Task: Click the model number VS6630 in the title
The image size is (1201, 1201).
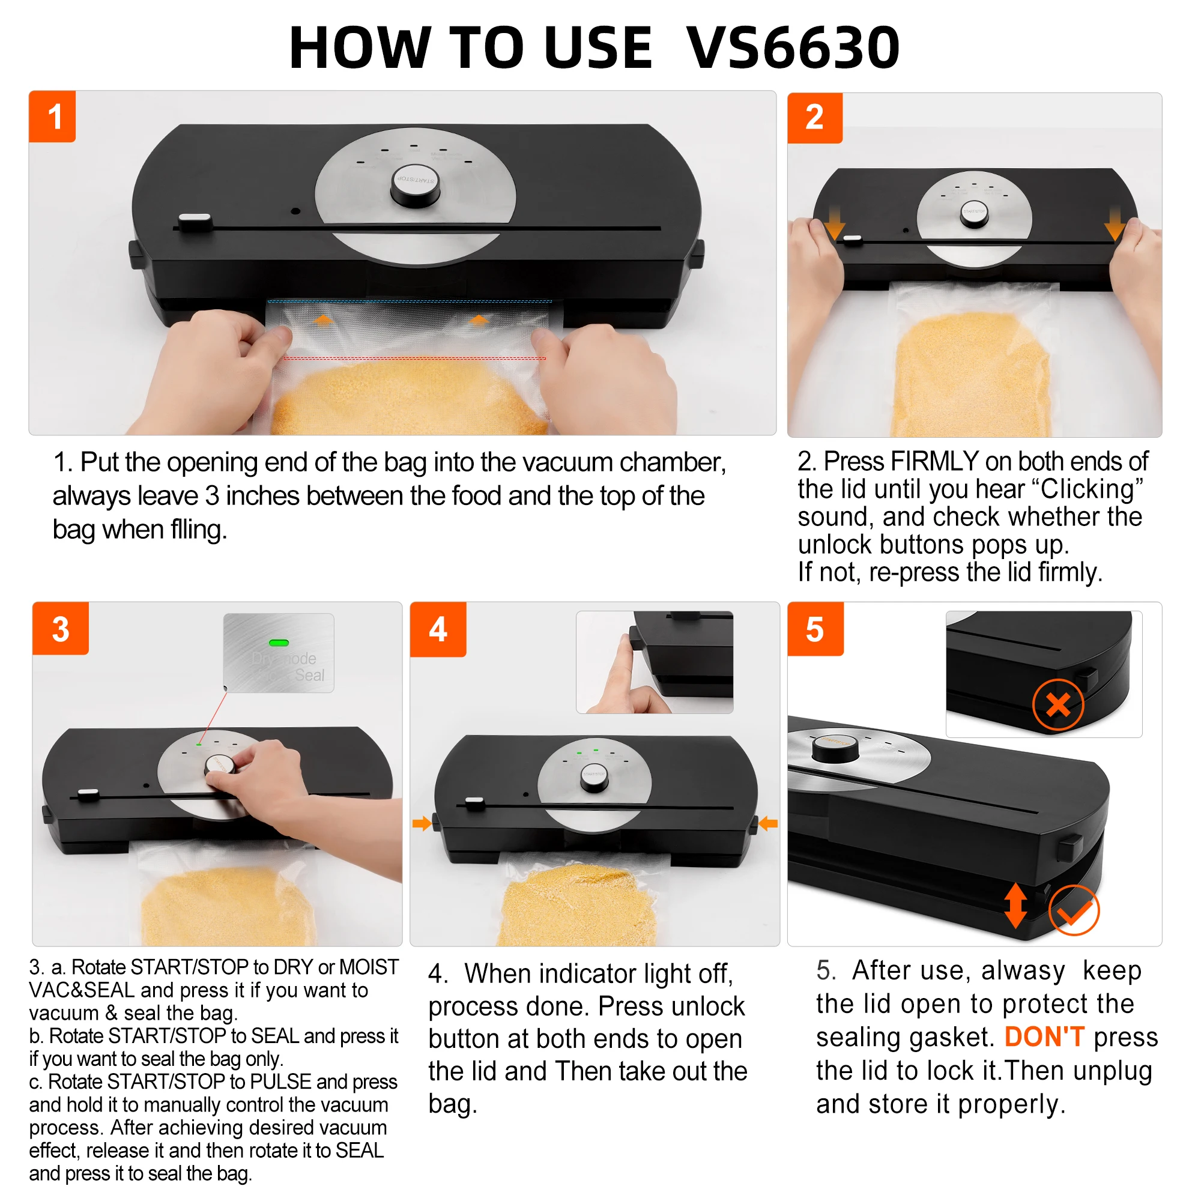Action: (x=793, y=48)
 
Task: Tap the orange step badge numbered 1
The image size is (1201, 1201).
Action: (x=52, y=116)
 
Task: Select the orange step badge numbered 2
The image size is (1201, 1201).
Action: (x=814, y=118)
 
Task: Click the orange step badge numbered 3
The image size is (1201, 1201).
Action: (x=60, y=628)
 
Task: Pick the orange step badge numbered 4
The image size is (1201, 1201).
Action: (x=438, y=629)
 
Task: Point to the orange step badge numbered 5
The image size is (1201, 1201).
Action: (x=815, y=629)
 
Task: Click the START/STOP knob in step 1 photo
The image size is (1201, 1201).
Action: (x=416, y=185)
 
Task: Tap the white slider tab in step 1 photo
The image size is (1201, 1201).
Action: (x=195, y=222)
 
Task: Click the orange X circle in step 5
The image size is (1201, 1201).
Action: (x=1058, y=706)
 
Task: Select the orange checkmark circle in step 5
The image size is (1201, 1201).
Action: (x=1074, y=910)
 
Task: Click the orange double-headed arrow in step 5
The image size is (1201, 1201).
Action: (x=1016, y=905)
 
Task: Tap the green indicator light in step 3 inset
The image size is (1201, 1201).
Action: (x=279, y=643)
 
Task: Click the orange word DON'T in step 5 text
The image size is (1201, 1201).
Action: (x=1044, y=1036)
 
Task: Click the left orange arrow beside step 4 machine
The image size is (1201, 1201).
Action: (x=422, y=824)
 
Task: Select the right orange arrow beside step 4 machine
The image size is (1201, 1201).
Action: (x=769, y=824)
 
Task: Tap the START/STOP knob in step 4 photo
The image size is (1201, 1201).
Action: (x=594, y=778)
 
